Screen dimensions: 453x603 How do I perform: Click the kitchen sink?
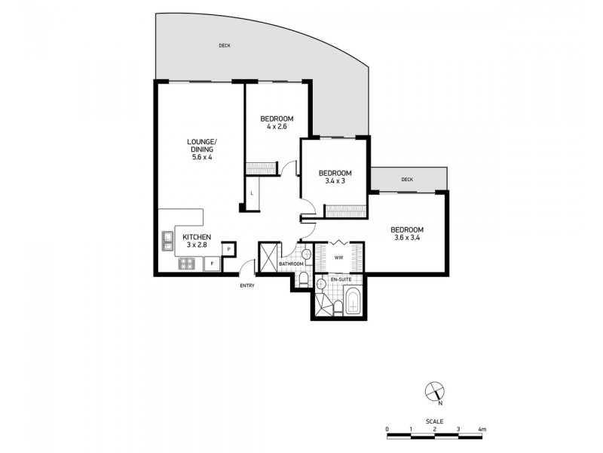[167, 241]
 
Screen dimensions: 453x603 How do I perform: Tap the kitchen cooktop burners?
[186, 263]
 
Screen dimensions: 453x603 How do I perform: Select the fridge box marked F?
[213, 263]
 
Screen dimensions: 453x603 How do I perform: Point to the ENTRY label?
[247, 285]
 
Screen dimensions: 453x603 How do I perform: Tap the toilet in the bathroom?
[303, 280]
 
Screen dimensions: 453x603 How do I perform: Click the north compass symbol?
[434, 392]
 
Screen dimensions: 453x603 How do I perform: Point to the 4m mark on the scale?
[482, 429]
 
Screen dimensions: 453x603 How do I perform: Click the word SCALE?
[434, 421]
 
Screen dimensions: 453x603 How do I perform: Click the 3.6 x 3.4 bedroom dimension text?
[407, 239]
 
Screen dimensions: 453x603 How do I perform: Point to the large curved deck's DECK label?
[225, 46]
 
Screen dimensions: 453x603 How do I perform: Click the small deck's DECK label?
[407, 180]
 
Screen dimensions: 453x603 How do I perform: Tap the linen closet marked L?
[252, 194]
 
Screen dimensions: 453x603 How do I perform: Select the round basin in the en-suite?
[321, 284]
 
